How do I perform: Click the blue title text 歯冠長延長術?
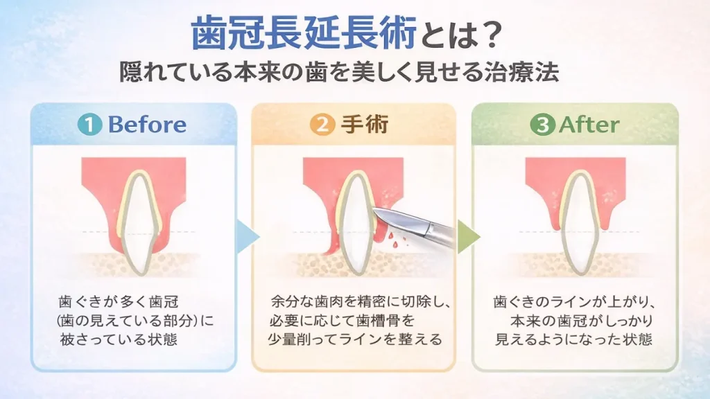click(x=304, y=33)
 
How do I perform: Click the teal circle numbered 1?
click(x=89, y=125)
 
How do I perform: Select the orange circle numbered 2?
click(x=322, y=125)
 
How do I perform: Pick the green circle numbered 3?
click(x=542, y=125)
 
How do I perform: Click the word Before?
click(x=147, y=125)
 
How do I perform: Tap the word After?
click(x=589, y=125)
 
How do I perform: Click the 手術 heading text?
click(x=365, y=125)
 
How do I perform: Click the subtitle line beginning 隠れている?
click(x=339, y=72)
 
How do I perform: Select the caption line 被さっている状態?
click(x=119, y=339)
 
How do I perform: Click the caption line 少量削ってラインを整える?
click(x=355, y=339)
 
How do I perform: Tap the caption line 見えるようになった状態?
click(x=573, y=339)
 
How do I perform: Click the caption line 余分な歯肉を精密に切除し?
click(x=361, y=301)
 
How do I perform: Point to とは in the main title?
click(x=444, y=35)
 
